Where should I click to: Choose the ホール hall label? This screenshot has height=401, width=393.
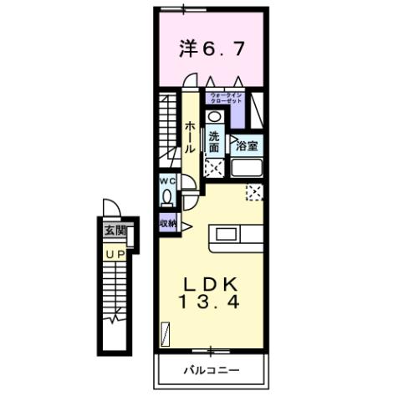190,136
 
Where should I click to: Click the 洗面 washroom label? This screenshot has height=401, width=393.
215,142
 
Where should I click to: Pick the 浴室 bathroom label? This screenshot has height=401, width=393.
246,145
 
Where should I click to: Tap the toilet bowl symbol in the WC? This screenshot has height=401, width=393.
166,197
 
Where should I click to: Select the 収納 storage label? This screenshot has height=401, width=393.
167,224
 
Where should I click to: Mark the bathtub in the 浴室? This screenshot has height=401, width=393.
247,168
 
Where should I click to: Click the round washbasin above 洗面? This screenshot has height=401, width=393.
215,118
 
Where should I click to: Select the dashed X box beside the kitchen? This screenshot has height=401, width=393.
253,193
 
